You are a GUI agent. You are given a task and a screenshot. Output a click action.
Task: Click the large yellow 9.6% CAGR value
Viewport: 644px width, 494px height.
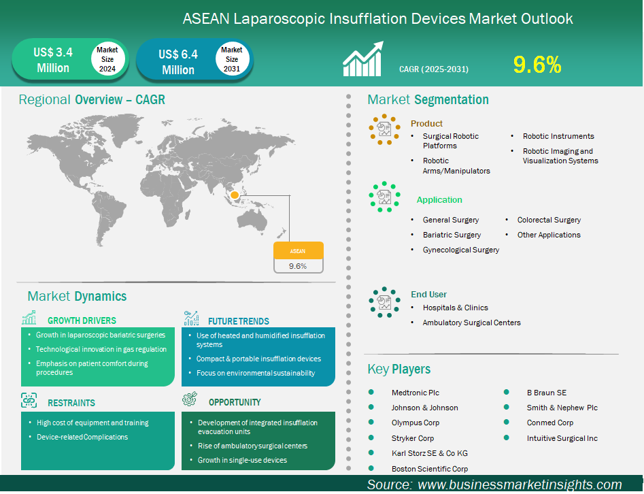pyautogui.click(x=537, y=65)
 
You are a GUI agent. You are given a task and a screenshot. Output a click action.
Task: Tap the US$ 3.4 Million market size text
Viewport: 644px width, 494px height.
pyautogui.click(x=52, y=60)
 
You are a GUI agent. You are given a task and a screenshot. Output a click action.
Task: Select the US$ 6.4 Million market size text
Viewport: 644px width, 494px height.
pyautogui.click(x=177, y=61)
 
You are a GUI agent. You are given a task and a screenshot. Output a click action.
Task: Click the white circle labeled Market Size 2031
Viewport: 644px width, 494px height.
pyautogui.click(x=232, y=59)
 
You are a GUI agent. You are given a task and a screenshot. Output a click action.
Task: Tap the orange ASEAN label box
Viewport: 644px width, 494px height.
pyautogui.click(x=298, y=250)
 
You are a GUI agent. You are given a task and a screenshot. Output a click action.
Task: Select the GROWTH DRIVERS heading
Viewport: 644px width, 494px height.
pyautogui.click(x=82, y=320)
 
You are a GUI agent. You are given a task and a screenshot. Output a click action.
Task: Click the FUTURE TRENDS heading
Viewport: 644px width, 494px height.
pyautogui.click(x=238, y=321)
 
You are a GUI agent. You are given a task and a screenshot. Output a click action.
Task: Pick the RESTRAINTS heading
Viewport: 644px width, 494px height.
pyautogui.click(x=71, y=403)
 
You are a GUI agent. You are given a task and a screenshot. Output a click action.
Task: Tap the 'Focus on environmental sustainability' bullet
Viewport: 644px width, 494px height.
pyautogui.click(x=256, y=373)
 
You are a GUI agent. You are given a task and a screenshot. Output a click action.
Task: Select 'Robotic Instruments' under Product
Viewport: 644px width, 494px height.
pyautogui.click(x=558, y=136)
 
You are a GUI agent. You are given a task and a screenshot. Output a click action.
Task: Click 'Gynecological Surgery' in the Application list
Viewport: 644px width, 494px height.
pyautogui.click(x=461, y=250)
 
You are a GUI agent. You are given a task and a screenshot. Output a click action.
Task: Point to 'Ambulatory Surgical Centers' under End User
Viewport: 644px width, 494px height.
pyautogui.click(x=472, y=323)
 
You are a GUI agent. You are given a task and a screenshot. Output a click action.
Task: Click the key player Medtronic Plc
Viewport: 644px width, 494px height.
pyautogui.click(x=416, y=393)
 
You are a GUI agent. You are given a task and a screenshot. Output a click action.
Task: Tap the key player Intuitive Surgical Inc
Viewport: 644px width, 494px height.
pyautogui.click(x=562, y=438)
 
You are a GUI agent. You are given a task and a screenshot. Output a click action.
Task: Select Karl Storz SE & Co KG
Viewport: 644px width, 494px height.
pyautogui.click(x=430, y=453)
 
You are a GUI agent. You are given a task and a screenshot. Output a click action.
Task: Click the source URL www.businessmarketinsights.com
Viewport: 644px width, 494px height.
pyautogui.click(x=519, y=484)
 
